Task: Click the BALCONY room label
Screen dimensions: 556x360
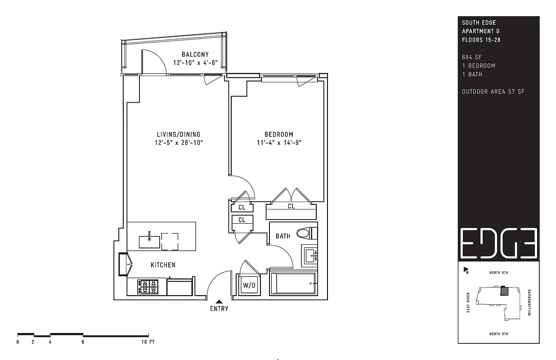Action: [x=195, y=54]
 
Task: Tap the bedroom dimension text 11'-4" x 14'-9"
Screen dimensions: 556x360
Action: [x=279, y=143]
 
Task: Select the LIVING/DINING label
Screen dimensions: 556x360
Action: [x=179, y=134]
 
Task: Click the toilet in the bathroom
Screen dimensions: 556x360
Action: [x=307, y=234]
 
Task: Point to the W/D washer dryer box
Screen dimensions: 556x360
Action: [x=249, y=285]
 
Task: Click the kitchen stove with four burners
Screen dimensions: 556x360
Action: [x=148, y=287]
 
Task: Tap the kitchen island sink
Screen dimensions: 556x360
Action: [x=149, y=242]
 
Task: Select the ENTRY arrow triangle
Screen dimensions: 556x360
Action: [x=219, y=301]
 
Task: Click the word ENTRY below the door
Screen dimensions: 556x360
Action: [x=219, y=309]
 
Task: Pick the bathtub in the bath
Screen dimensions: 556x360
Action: [x=293, y=283]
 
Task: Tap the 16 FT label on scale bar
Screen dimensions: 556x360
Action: [x=148, y=342]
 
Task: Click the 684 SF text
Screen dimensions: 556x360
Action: [x=471, y=57]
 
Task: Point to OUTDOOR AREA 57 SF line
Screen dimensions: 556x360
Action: [x=493, y=92]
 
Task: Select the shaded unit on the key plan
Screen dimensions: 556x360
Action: [x=504, y=291]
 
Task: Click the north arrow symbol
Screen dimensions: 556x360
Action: [x=466, y=270]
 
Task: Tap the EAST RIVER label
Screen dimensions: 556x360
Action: [x=468, y=302]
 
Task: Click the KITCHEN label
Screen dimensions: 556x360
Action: [x=163, y=265]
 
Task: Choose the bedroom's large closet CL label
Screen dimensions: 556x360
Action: [x=291, y=206]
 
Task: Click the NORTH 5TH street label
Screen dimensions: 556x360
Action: [x=499, y=334]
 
